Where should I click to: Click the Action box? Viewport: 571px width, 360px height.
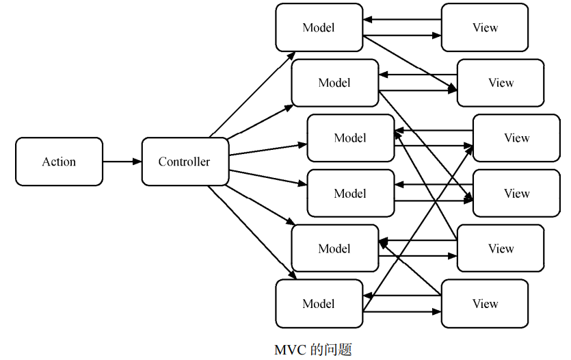(59, 162)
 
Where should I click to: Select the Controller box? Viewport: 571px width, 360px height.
(185, 162)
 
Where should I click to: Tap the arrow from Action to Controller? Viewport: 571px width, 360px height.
(122, 162)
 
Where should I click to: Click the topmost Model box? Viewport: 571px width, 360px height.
(319, 27)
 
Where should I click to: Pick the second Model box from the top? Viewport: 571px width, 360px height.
(334, 83)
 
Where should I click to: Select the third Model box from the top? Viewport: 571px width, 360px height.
(350, 138)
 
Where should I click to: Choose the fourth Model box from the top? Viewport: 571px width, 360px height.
(350, 194)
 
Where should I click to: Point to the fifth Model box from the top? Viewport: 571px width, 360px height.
(334, 248)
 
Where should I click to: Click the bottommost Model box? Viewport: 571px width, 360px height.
(319, 304)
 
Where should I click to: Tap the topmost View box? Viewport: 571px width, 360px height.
(485, 27)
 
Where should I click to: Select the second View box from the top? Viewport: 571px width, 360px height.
(501, 83)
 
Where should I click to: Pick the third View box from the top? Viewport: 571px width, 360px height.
(516, 138)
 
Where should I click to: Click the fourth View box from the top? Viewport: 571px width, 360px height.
(516, 194)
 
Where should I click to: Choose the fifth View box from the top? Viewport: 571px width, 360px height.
(501, 248)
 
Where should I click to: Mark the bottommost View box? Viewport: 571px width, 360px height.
(485, 304)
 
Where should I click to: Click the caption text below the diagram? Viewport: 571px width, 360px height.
(313, 349)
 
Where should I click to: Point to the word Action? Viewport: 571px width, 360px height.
(59, 162)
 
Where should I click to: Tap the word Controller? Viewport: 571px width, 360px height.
(185, 162)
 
